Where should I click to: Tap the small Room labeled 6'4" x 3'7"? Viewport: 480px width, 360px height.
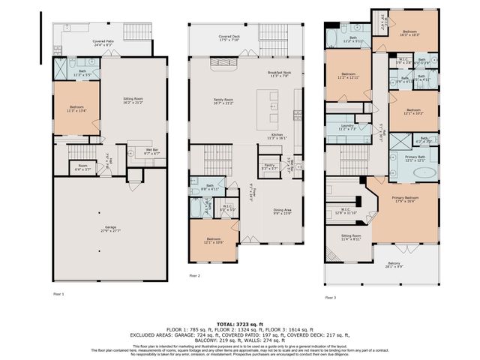pyautogui.click(x=82, y=167)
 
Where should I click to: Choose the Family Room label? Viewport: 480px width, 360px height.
pyautogui.click(x=223, y=100)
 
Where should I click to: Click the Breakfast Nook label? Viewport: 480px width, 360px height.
pyautogui.click(x=279, y=73)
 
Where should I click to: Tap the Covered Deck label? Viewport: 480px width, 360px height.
pyautogui.click(x=229, y=37)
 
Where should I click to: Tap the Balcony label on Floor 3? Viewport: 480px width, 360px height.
pyautogui.click(x=394, y=265)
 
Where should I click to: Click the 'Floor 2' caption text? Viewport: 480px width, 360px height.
pyautogui.click(x=194, y=276)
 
